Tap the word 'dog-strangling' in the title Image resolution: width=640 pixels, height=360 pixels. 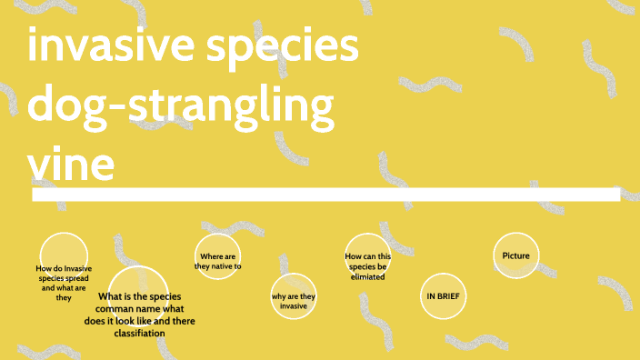[x=181, y=106]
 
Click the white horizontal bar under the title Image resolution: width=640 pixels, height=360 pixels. [x=325, y=195]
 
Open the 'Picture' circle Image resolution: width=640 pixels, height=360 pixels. [x=515, y=255]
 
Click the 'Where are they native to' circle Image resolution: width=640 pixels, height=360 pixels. [x=217, y=262]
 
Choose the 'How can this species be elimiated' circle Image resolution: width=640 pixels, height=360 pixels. [x=367, y=265]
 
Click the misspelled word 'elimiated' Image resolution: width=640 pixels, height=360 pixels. [x=367, y=276]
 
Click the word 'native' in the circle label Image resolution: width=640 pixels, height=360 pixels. [x=221, y=266]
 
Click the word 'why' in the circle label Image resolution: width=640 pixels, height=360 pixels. [x=279, y=296]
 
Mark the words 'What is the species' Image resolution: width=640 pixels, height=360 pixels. [x=140, y=297]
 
